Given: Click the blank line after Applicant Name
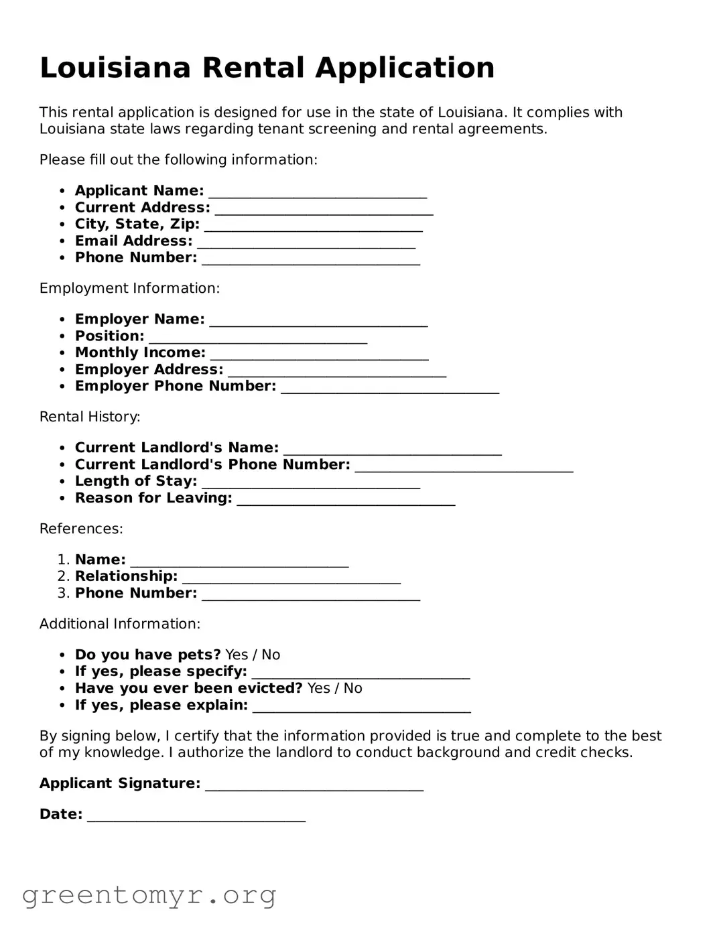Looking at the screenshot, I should click(318, 192).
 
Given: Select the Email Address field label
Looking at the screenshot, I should click(133, 241).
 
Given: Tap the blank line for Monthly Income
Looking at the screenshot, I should click(319, 354).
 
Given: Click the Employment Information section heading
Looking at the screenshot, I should click(129, 289).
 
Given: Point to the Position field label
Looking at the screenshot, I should click(109, 336).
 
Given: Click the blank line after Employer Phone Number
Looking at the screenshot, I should click(390, 388).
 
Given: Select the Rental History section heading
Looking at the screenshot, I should click(90, 417).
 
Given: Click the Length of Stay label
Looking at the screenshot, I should click(136, 482).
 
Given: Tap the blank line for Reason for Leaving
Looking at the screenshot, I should click(346, 500).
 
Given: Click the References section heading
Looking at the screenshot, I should click(81, 529).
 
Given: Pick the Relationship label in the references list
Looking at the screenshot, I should click(126, 577).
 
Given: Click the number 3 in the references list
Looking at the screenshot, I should click(63, 594).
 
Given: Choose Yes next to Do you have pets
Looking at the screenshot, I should click(237, 655).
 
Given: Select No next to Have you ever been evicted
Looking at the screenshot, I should click(352, 689).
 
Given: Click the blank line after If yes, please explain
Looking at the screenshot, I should click(362, 707).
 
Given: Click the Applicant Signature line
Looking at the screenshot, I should click(314, 785).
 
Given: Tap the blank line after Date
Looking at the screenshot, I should click(196, 816).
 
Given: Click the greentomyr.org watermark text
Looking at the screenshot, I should click(149, 895).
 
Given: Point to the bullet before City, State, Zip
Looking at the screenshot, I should click(62, 225).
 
